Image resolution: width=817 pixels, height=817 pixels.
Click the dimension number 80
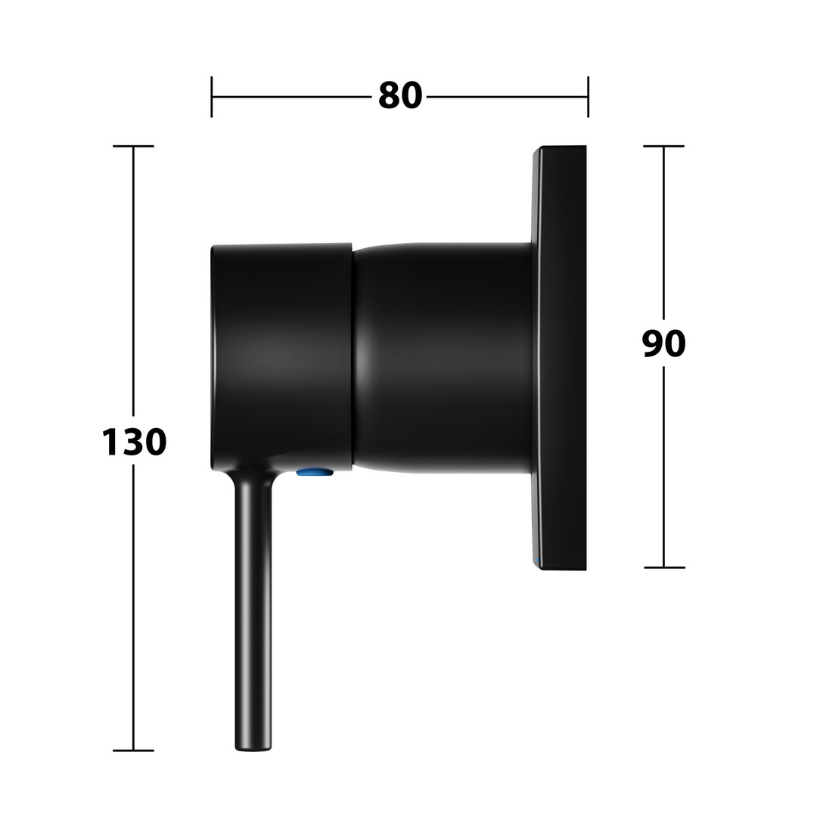[399, 95]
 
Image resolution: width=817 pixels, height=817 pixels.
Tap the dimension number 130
[134, 442]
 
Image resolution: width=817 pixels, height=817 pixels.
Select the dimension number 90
[663, 343]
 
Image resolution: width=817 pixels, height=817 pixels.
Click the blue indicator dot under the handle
[315, 472]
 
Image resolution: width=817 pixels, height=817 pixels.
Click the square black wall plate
[559, 357]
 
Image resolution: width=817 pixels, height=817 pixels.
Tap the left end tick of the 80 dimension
[212, 96]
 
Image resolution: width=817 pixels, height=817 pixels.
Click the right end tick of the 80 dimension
[589, 96]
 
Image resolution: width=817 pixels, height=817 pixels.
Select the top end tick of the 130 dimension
[133, 147]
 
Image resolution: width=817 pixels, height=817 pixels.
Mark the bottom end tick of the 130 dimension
[133, 750]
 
